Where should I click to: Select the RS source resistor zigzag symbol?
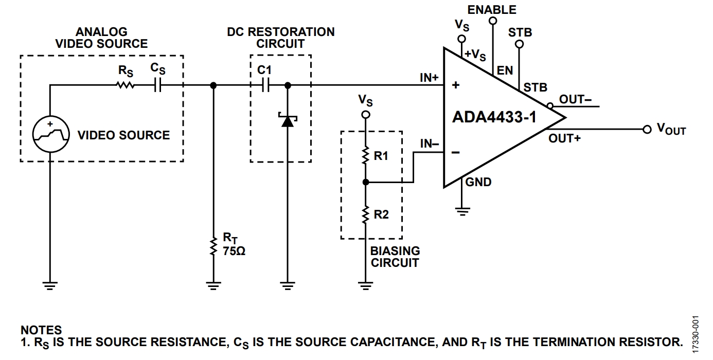click(126, 85)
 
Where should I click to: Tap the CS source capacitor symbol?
click(157, 85)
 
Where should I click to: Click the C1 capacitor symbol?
click(265, 85)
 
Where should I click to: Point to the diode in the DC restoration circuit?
click(288, 120)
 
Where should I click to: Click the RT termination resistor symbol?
click(213, 246)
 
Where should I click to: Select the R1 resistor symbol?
click(366, 155)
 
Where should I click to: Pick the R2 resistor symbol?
click(366, 214)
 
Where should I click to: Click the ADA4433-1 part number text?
click(494, 117)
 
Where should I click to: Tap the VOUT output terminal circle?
click(647, 130)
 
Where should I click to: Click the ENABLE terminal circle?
click(493, 21)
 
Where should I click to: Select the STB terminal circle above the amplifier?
click(519, 44)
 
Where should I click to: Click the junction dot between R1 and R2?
click(366, 182)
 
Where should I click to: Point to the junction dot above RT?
click(213, 85)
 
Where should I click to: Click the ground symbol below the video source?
click(50, 285)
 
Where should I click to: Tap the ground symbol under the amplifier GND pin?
click(462, 212)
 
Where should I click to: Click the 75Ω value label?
click(234, 251)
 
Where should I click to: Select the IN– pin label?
click(430, 144)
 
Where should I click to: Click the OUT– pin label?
click(575, 99)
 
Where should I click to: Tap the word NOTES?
click(41, 330)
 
